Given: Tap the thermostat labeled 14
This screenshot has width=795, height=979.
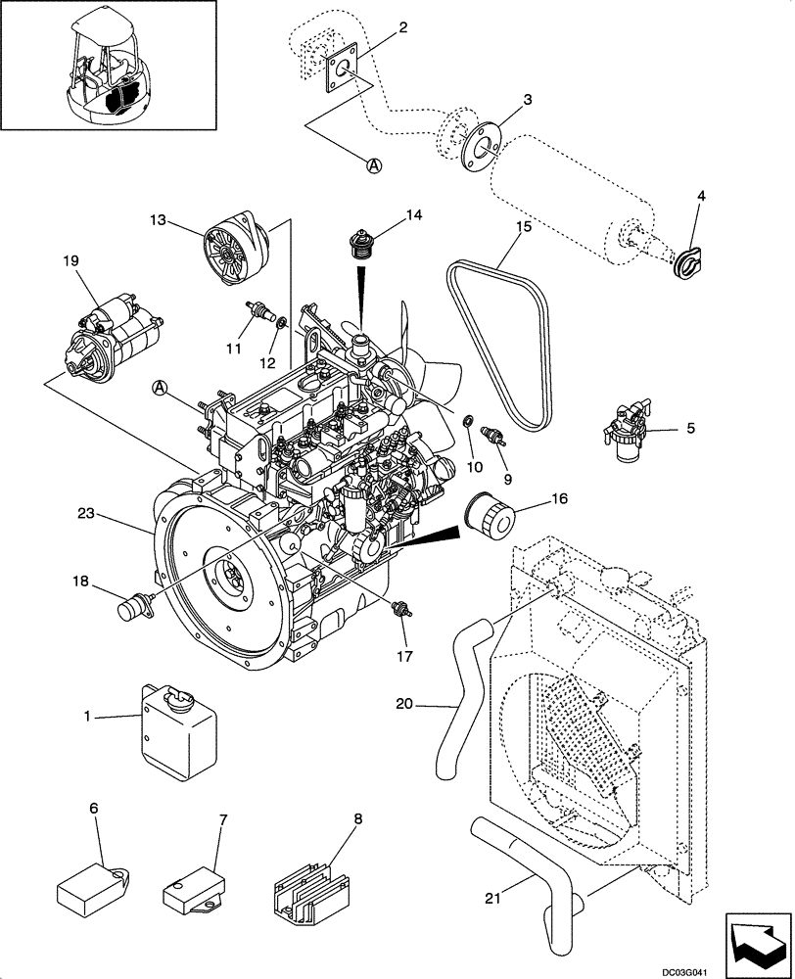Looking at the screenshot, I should (361, 240).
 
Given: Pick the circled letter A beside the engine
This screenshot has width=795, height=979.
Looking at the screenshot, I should (161, 390).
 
